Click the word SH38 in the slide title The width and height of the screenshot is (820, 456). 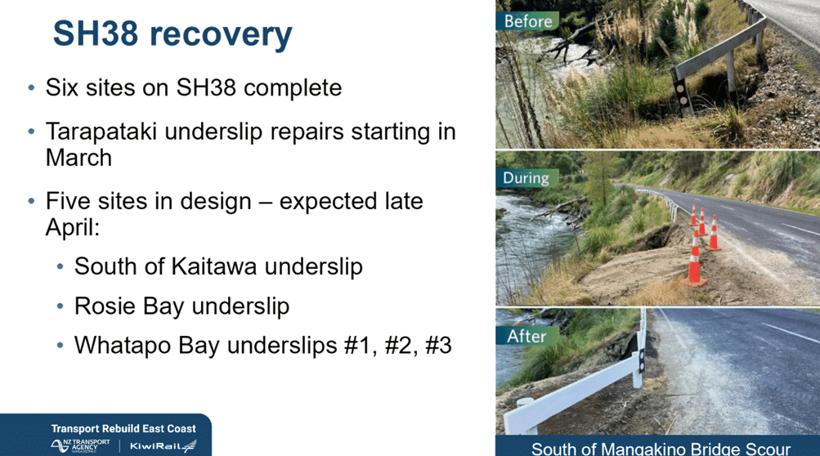tap(96, 34)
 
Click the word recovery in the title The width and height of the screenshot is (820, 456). tap(221, 36)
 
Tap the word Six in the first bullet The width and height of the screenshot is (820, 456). tap(62, 87)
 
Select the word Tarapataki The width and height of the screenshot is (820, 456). tap(101, 132)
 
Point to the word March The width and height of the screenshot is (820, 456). tap(79, 158)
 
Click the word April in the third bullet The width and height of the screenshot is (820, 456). tap(72, 227)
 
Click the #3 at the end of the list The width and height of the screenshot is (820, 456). tap(438, 346)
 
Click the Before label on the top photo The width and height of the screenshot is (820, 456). tap(527, 21)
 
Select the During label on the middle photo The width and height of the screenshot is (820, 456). tap(527, 178)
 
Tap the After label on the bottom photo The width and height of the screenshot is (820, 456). tap(527, 336)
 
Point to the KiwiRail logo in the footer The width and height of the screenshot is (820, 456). tap(164, 446)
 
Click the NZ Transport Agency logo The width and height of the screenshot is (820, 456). tap(81, 445)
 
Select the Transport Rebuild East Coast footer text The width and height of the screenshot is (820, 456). tap(123, 429)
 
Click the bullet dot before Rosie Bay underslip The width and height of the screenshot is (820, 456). tap(60, 306)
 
